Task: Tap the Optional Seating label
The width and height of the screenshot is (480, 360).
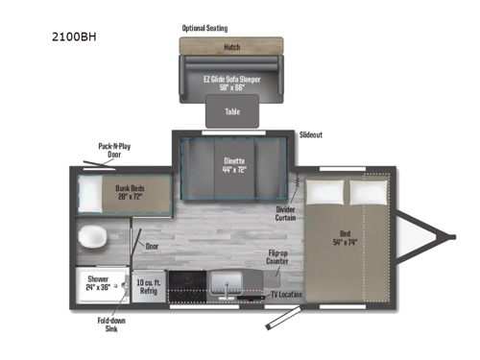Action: tap(211, 29)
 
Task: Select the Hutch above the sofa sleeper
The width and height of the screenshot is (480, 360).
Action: tap(230, 45)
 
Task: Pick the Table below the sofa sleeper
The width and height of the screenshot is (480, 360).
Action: tap(232, 111)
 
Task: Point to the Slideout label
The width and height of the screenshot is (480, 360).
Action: tap(311, 135)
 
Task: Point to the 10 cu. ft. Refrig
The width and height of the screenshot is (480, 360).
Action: tap(148, 285)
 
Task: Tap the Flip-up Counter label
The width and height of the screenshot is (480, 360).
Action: tap(279, 259)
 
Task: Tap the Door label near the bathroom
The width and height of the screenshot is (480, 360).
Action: tap(152, 246)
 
